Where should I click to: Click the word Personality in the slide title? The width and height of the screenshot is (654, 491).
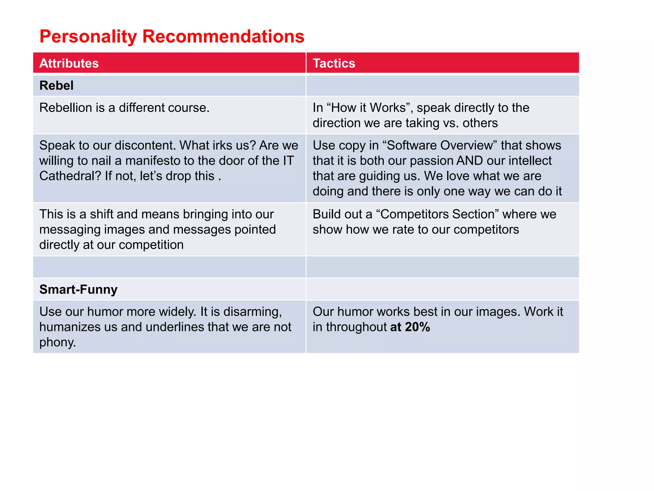tap(88, 36)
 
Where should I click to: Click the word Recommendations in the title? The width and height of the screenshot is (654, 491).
tap(223, 36)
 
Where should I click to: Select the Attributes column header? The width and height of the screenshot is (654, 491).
tap(69, 63)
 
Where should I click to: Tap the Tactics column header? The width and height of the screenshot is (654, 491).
tap(334, 63)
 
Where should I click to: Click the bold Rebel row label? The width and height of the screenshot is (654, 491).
tap(57, 86)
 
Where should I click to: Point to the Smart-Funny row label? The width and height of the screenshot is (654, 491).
tap(79, 290)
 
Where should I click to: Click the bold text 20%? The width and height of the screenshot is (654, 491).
tap(417, 327)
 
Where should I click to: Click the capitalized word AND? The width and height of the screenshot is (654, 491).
tap(470, 161)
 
